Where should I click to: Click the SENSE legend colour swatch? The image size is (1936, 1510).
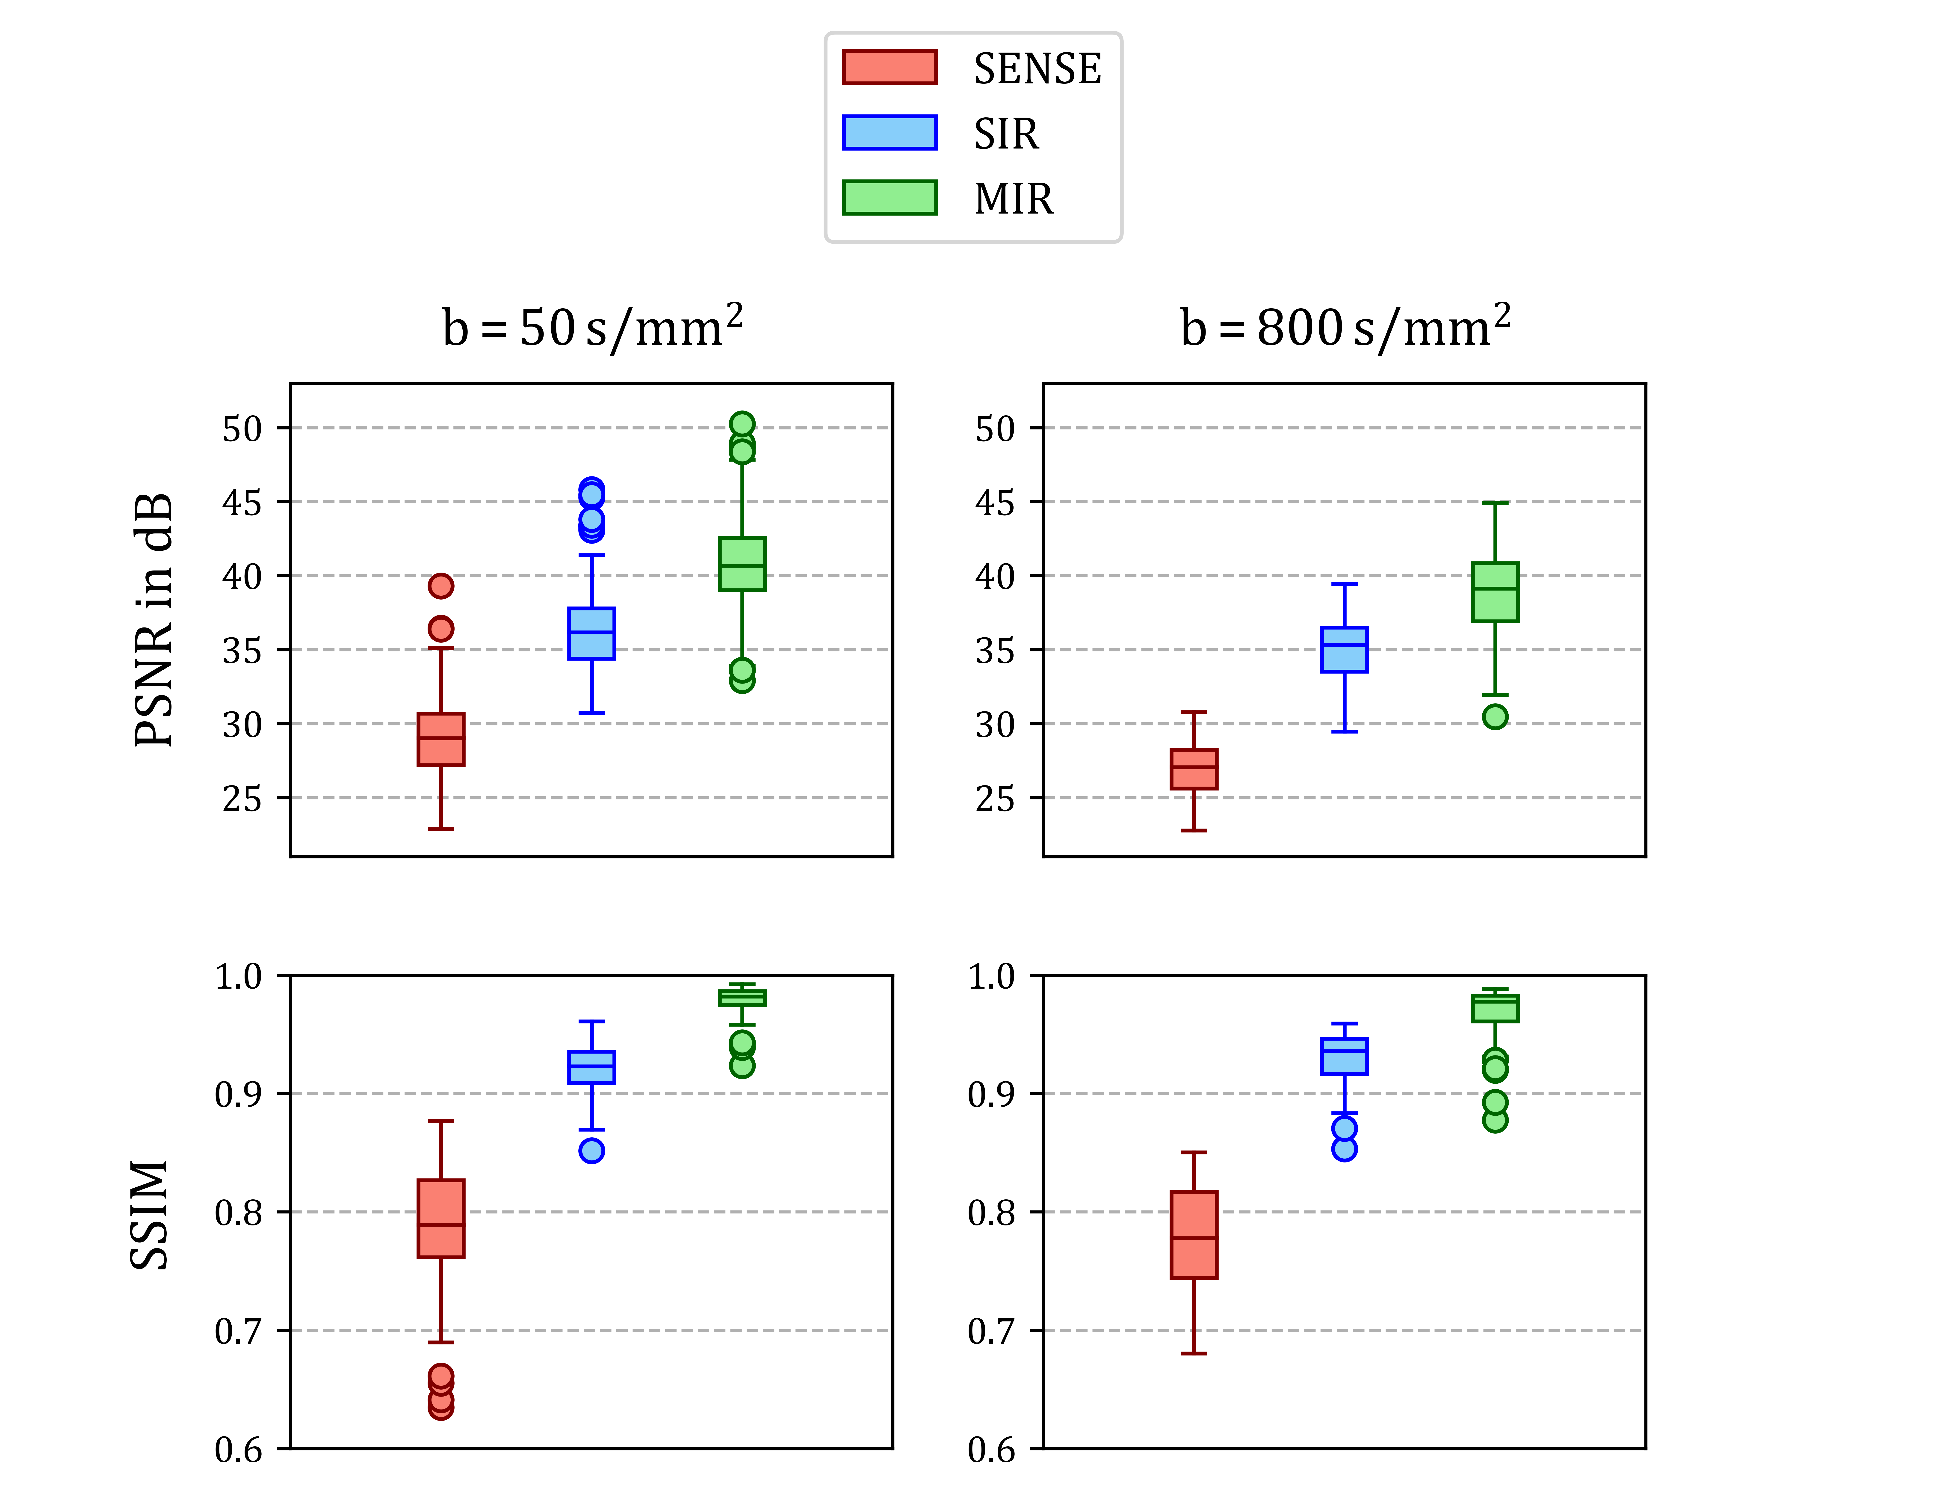point(889,67)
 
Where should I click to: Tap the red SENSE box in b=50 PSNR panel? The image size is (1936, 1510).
point(440,739)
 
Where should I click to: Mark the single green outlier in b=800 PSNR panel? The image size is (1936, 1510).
point(1495,716)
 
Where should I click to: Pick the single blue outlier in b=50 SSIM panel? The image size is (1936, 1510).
point(591,1151)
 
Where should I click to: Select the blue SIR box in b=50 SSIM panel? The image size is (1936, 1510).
point(591,1067)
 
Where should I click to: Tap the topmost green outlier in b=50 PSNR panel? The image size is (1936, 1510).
point(742,424)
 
